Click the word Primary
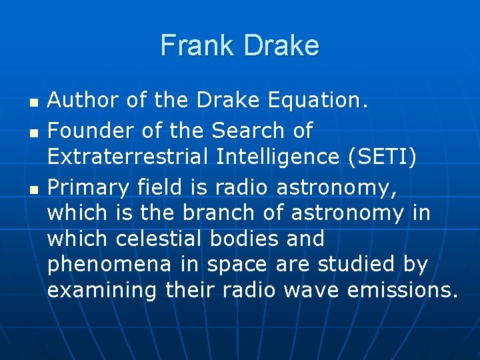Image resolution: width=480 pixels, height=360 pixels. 90,189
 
